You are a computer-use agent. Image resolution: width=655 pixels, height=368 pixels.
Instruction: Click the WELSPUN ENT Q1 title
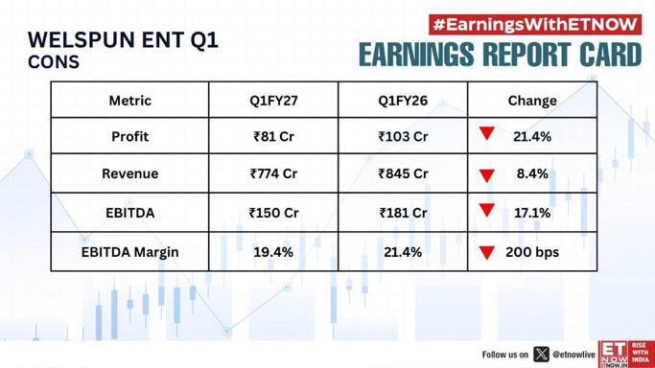point(123,40)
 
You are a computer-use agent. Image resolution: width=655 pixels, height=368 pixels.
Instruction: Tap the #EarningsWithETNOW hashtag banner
point(535,25)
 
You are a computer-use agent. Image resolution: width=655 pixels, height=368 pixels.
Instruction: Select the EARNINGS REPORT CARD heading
point(500,55)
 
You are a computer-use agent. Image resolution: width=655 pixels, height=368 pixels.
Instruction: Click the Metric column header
point(129,101)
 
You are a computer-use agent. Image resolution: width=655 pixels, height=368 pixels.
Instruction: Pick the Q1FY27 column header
point(273,101)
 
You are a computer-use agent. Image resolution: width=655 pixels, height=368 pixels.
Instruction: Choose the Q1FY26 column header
point(403,101)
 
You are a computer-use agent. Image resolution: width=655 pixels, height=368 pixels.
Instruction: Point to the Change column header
point(532,101)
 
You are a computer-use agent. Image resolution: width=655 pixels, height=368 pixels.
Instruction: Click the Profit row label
point(129,136)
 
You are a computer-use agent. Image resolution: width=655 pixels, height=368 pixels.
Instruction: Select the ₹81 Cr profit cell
point(273,136)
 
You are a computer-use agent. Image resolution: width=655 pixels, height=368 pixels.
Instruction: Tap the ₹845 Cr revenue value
point(403,173)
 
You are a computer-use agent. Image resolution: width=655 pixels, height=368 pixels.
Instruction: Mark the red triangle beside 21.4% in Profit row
point(487,133)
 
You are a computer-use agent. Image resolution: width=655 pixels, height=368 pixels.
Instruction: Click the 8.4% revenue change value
point(532,173)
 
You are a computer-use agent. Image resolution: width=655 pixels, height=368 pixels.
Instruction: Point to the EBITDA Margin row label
point(129,252)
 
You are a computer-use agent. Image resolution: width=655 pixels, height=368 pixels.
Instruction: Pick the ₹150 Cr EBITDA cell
point(273,213)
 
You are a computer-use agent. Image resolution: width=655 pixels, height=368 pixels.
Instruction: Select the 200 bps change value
point(532,252)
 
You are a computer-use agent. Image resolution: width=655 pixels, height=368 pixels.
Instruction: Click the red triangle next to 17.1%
point(487,210)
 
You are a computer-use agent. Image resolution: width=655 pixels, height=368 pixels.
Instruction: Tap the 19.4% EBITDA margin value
point(273,252)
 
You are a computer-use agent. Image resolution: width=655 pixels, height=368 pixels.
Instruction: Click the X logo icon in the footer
point(541,355)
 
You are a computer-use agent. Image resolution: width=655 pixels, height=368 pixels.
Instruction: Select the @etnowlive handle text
point(573,355)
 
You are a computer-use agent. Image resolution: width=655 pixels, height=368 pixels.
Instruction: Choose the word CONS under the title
point(54,62)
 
